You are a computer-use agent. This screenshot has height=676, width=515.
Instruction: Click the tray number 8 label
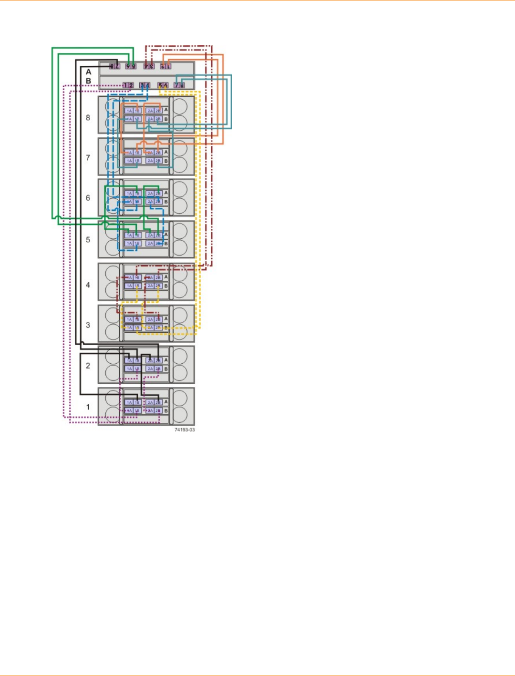click(x=88, y=118)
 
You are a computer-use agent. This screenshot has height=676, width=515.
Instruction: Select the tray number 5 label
click(x=88, y=240)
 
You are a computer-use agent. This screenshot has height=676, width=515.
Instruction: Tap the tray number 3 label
click(x=88, y=325)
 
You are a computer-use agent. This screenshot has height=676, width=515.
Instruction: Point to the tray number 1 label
click(x=88, y=407)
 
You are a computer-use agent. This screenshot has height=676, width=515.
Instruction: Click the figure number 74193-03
click(x=185, y=430)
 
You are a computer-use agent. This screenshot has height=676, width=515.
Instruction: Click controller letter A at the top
click(x=89, y=72)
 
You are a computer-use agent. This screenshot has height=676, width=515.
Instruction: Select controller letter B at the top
click(x=89, y=81)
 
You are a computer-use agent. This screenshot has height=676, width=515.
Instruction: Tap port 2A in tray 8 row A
click(x=150, y=111)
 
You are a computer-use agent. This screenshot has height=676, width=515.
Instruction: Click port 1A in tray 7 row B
click(x=129, y=161)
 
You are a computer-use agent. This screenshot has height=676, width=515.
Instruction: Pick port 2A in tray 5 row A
click(x=150, y=236)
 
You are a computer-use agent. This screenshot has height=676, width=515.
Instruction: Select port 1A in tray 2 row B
click(x=129, y=369)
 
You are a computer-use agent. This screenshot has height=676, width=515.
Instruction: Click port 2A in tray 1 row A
click(x=150, y=403)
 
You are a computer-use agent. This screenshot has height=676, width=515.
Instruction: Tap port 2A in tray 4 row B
click(x=150, y=286)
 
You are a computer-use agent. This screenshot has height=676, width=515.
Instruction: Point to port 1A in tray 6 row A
click(x=129, y=194)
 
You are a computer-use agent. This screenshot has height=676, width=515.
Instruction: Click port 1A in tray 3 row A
click(x=129, y=319)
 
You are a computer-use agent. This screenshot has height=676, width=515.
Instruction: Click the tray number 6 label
click(x=88, y=198)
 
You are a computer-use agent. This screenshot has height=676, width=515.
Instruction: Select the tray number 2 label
click(x=88, y=366)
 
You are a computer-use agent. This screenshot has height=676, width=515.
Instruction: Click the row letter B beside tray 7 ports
click(x=166, y=161)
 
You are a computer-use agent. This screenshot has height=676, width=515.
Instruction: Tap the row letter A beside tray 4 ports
click(x=166, y=277)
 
